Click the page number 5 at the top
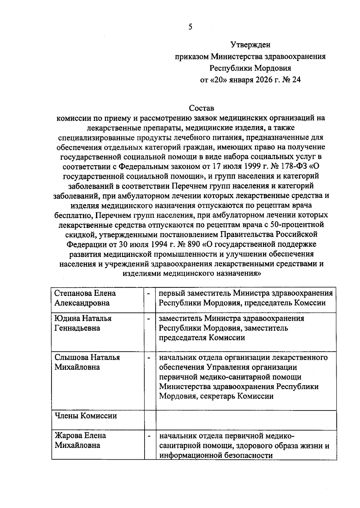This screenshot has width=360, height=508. (x=190, y=27)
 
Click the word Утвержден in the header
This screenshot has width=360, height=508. (x=250, y=45)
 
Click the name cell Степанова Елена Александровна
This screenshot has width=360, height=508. (x=85, y=298)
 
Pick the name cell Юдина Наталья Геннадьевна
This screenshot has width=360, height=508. (x=83, y=323)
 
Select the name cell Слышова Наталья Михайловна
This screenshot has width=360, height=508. (x=87, y=362)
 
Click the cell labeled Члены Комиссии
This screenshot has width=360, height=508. (x=85, y=416)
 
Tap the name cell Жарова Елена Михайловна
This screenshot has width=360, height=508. (x=80, y=440)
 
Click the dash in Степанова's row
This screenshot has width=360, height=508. (x=148, y=293)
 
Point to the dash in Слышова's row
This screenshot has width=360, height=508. (x=148, y=358)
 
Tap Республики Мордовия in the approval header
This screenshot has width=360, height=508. (x=250, y=68)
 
